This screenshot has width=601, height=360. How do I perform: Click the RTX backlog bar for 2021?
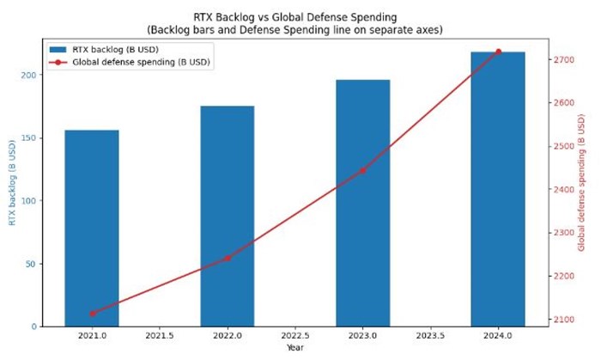click(x=92, y=228)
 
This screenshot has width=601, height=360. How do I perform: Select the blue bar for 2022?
click(x=228, y=216)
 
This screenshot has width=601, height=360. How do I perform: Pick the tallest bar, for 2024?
click(x=498, y=189)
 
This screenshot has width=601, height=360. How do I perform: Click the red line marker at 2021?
click(x=92, y=313)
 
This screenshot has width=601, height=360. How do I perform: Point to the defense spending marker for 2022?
click(x=228, y=258)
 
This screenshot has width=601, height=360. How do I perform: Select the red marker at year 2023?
click(x=362, y=170)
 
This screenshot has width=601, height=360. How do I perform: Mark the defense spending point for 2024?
click(x=498, y=52)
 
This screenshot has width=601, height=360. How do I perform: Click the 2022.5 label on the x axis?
click(x=294, y=337)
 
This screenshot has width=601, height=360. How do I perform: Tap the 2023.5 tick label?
click(x=430, y=337)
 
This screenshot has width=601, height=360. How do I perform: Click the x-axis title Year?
click(x=294, y=348)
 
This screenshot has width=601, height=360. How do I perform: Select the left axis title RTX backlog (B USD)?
click(x=11, y=183)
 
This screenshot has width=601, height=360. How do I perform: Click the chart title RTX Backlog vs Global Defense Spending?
click(x=294, y=16)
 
